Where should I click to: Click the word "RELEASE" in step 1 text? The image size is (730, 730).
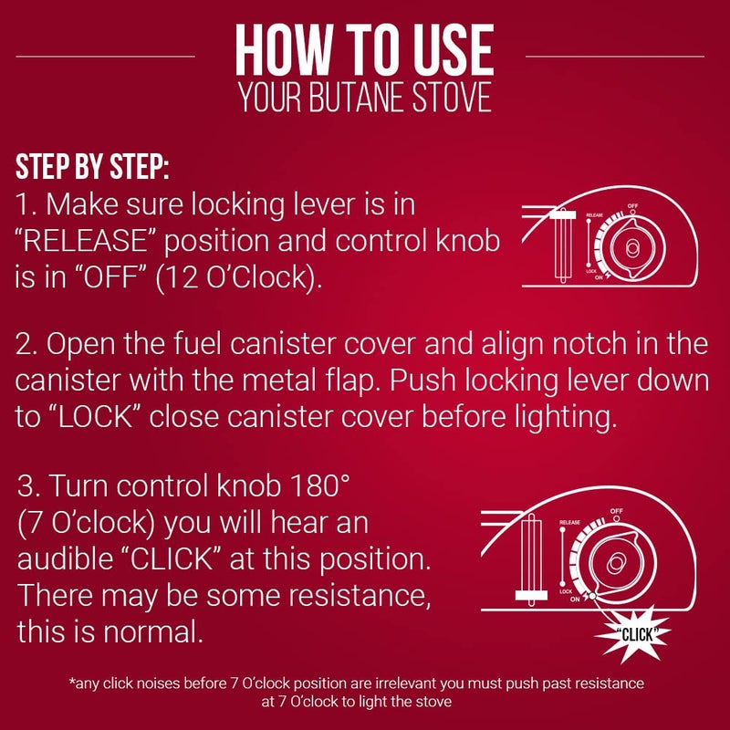click(x=101, y=243)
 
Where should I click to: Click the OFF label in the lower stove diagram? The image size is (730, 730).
click(x=617, y=511)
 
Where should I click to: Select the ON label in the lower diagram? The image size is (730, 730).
click(x=575, y=600)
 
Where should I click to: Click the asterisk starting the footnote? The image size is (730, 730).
click(x=72, y=683)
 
